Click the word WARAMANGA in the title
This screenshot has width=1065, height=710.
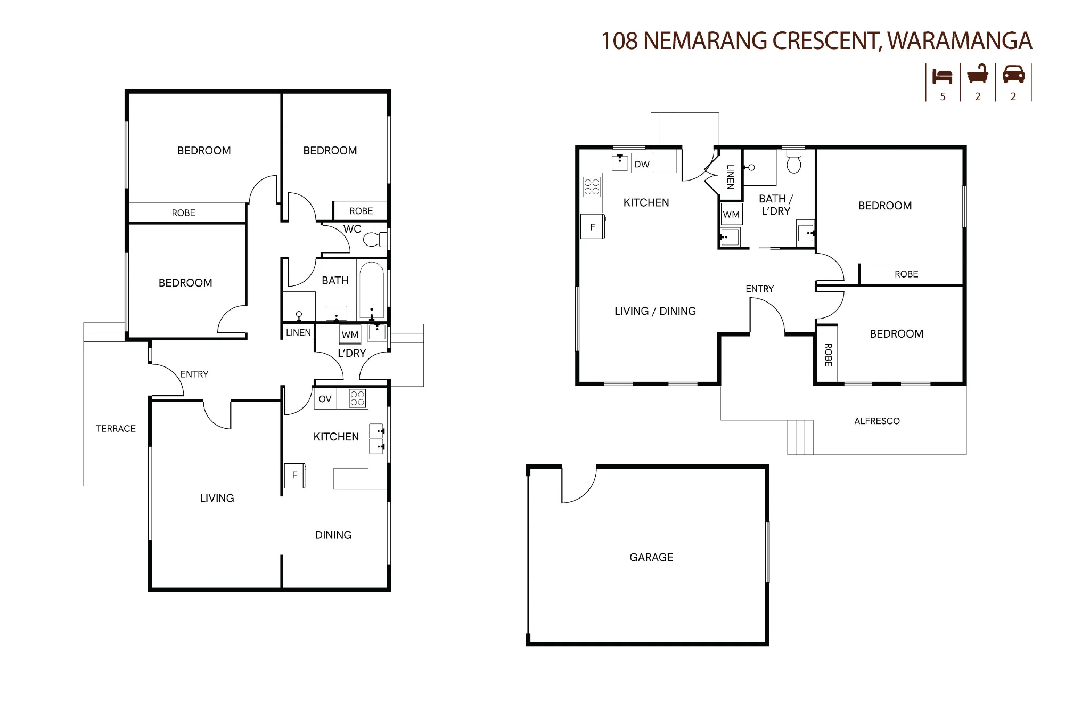(960, 41)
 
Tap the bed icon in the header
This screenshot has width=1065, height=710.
(943, 76)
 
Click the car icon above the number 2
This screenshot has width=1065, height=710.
(1013, 74)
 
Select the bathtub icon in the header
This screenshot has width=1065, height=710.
(978, 74)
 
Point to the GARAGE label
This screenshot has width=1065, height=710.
(651, 557)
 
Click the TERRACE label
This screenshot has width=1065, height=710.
(116, 429)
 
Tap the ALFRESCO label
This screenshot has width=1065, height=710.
(877, 421)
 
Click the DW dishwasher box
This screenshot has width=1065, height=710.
(642, 164)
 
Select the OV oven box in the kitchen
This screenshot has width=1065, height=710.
(325, 399)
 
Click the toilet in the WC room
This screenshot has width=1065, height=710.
(375, 239)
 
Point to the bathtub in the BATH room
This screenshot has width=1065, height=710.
(372, 290)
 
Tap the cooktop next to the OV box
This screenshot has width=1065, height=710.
(357, 398)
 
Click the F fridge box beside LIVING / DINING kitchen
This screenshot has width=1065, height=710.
(593, 227)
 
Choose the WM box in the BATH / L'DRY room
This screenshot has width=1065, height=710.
(731, 214)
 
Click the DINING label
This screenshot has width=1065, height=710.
(333, 535)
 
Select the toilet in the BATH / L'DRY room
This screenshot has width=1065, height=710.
(794, 161)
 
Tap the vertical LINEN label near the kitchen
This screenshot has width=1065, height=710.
(730, 177)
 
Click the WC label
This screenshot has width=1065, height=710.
(353, 229)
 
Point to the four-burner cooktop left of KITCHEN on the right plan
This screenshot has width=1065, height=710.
(592, 187)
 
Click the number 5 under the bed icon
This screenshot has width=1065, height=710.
(943, 96)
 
